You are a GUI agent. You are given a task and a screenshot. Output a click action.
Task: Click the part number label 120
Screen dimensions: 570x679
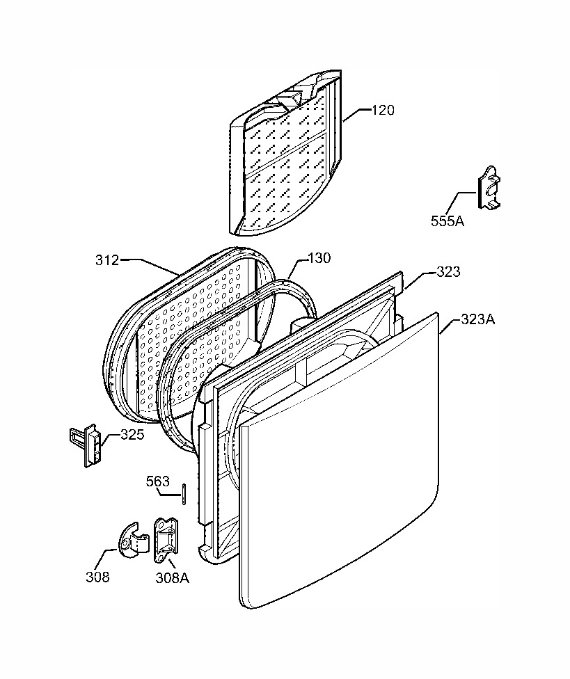[x=383, y=111]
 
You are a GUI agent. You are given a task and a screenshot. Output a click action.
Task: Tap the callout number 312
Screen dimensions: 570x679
[x=107, y=260]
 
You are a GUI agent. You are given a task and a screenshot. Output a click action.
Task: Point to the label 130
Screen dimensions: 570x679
[x=319, y=258]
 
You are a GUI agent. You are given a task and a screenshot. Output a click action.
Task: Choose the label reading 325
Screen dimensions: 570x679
[x=132, y=434]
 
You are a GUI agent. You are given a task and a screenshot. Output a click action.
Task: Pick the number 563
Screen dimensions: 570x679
[x=158, y=481]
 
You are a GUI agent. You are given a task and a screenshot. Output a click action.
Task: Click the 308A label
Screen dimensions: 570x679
[x=173, y=577]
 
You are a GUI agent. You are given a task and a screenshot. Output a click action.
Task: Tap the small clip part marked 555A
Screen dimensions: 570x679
[x=489, y=186]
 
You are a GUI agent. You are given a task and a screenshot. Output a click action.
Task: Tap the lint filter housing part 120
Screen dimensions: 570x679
[x=286, y=154]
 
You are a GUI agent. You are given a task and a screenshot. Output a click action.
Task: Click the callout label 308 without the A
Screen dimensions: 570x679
[x=97, y=577]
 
